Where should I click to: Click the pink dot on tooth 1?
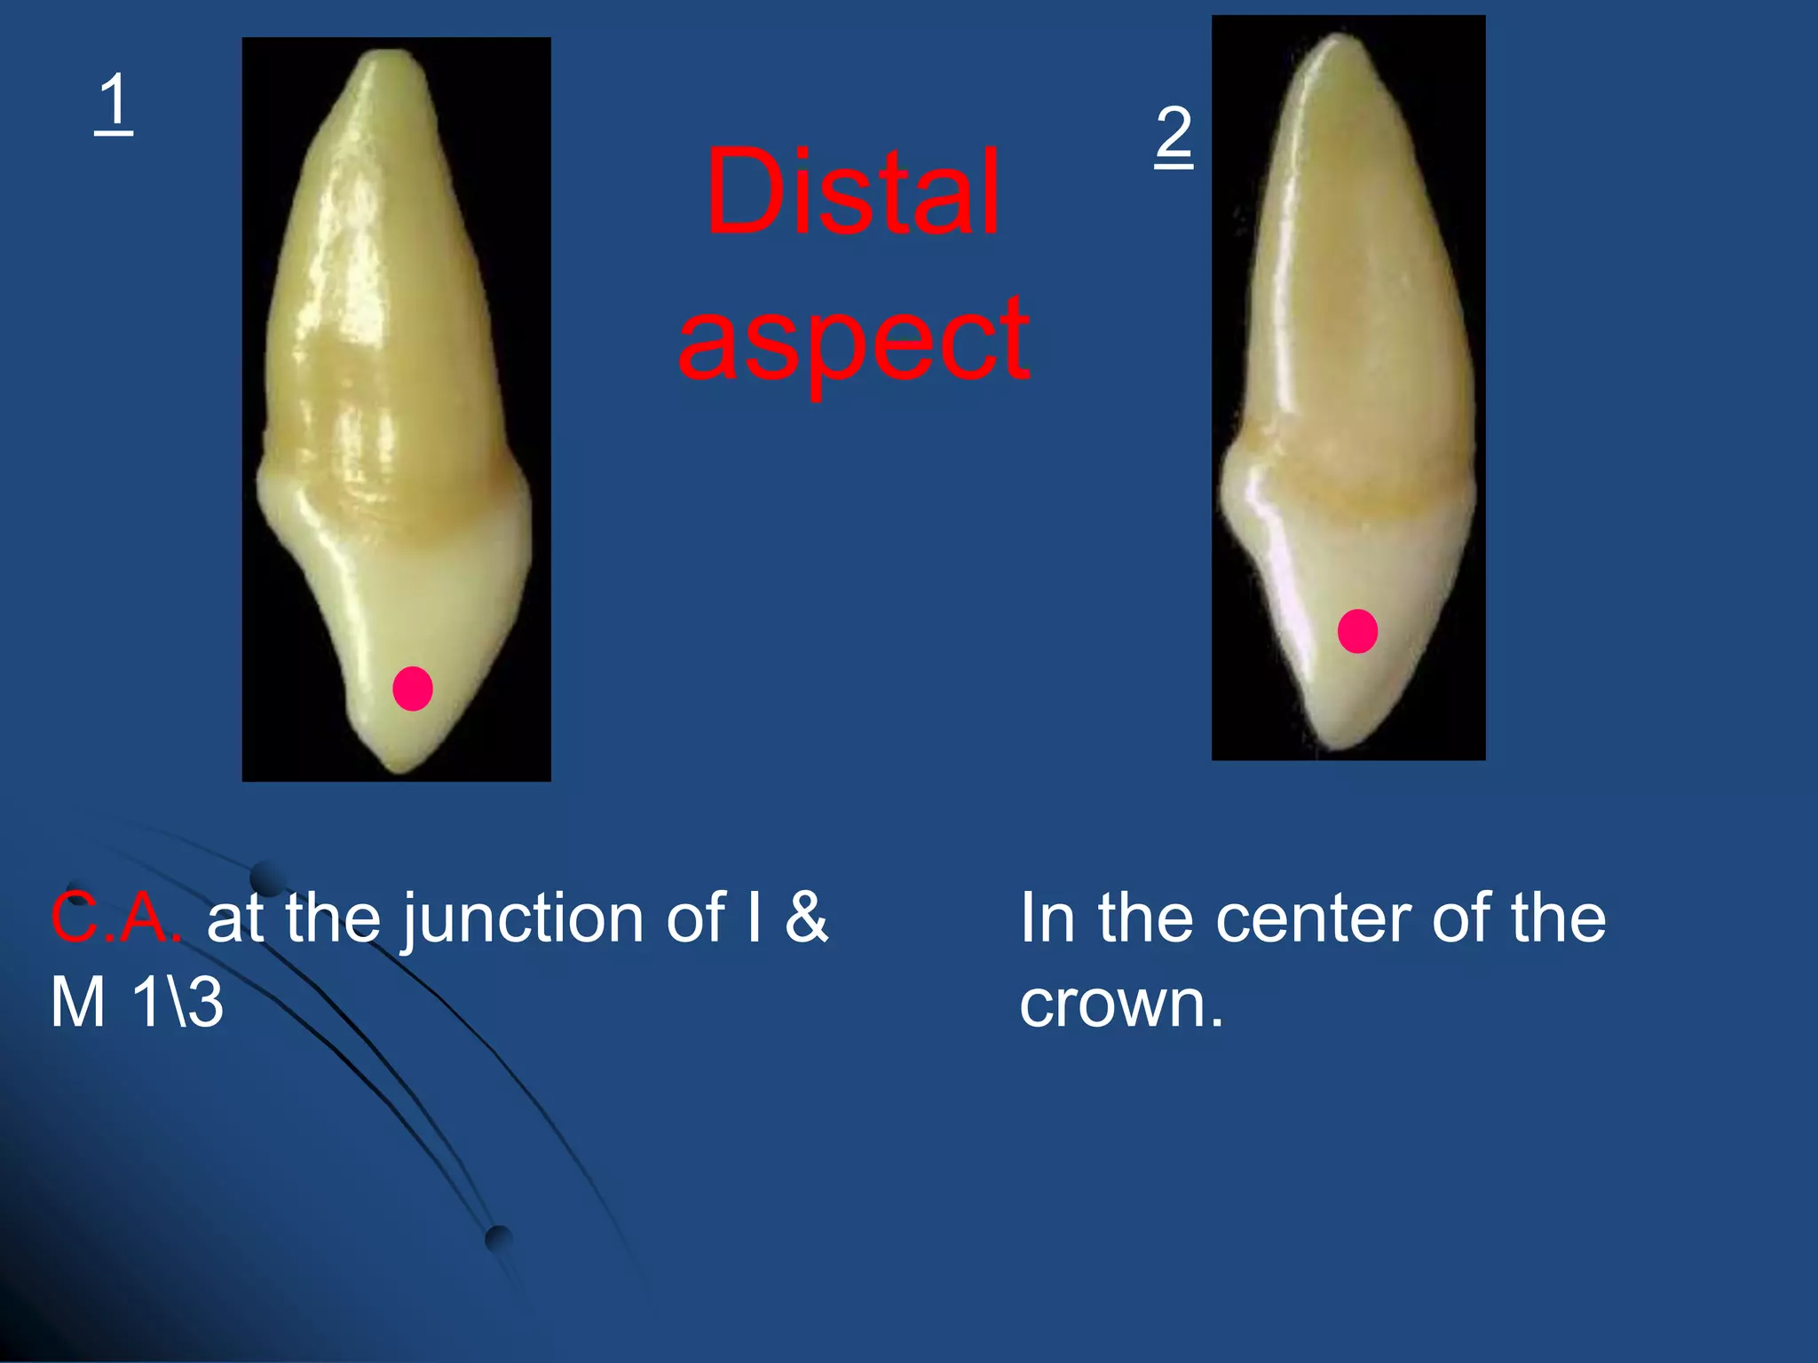click(413, 689)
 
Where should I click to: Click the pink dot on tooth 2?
click(1357, 632)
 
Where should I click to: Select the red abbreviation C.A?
click(116, 918)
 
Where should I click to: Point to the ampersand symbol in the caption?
click(806, 918)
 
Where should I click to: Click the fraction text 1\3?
click(178, 1003)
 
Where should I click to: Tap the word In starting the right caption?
click(1047, 918)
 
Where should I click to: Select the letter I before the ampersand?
click(754, 918)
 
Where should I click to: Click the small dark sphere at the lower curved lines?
click(499, 1238)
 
